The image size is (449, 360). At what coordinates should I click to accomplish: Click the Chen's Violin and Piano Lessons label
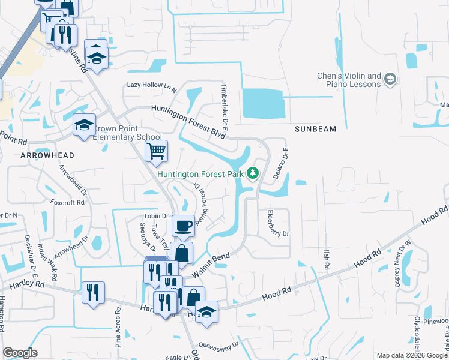tap(349, 80)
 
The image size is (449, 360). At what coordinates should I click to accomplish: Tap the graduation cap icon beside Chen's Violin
tap(390, 79)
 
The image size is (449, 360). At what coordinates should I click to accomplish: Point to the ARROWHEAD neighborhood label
tap(47, 155)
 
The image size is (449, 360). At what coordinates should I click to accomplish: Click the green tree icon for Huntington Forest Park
tap(253, 174)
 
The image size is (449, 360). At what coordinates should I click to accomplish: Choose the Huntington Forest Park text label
tap(200, 175)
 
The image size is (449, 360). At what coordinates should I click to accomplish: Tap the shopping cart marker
tap(156, 151)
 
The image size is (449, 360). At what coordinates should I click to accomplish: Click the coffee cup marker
tap(184, 226)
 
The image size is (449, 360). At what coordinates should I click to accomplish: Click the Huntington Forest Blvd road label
tap(188, 121)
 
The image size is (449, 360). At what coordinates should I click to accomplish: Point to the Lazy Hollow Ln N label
tap(152, 86)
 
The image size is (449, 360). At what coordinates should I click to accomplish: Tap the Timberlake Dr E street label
tap(226, 109)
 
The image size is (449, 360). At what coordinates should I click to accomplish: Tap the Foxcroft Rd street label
tap(67, 202)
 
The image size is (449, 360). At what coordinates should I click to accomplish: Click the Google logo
tap(20, 353)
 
